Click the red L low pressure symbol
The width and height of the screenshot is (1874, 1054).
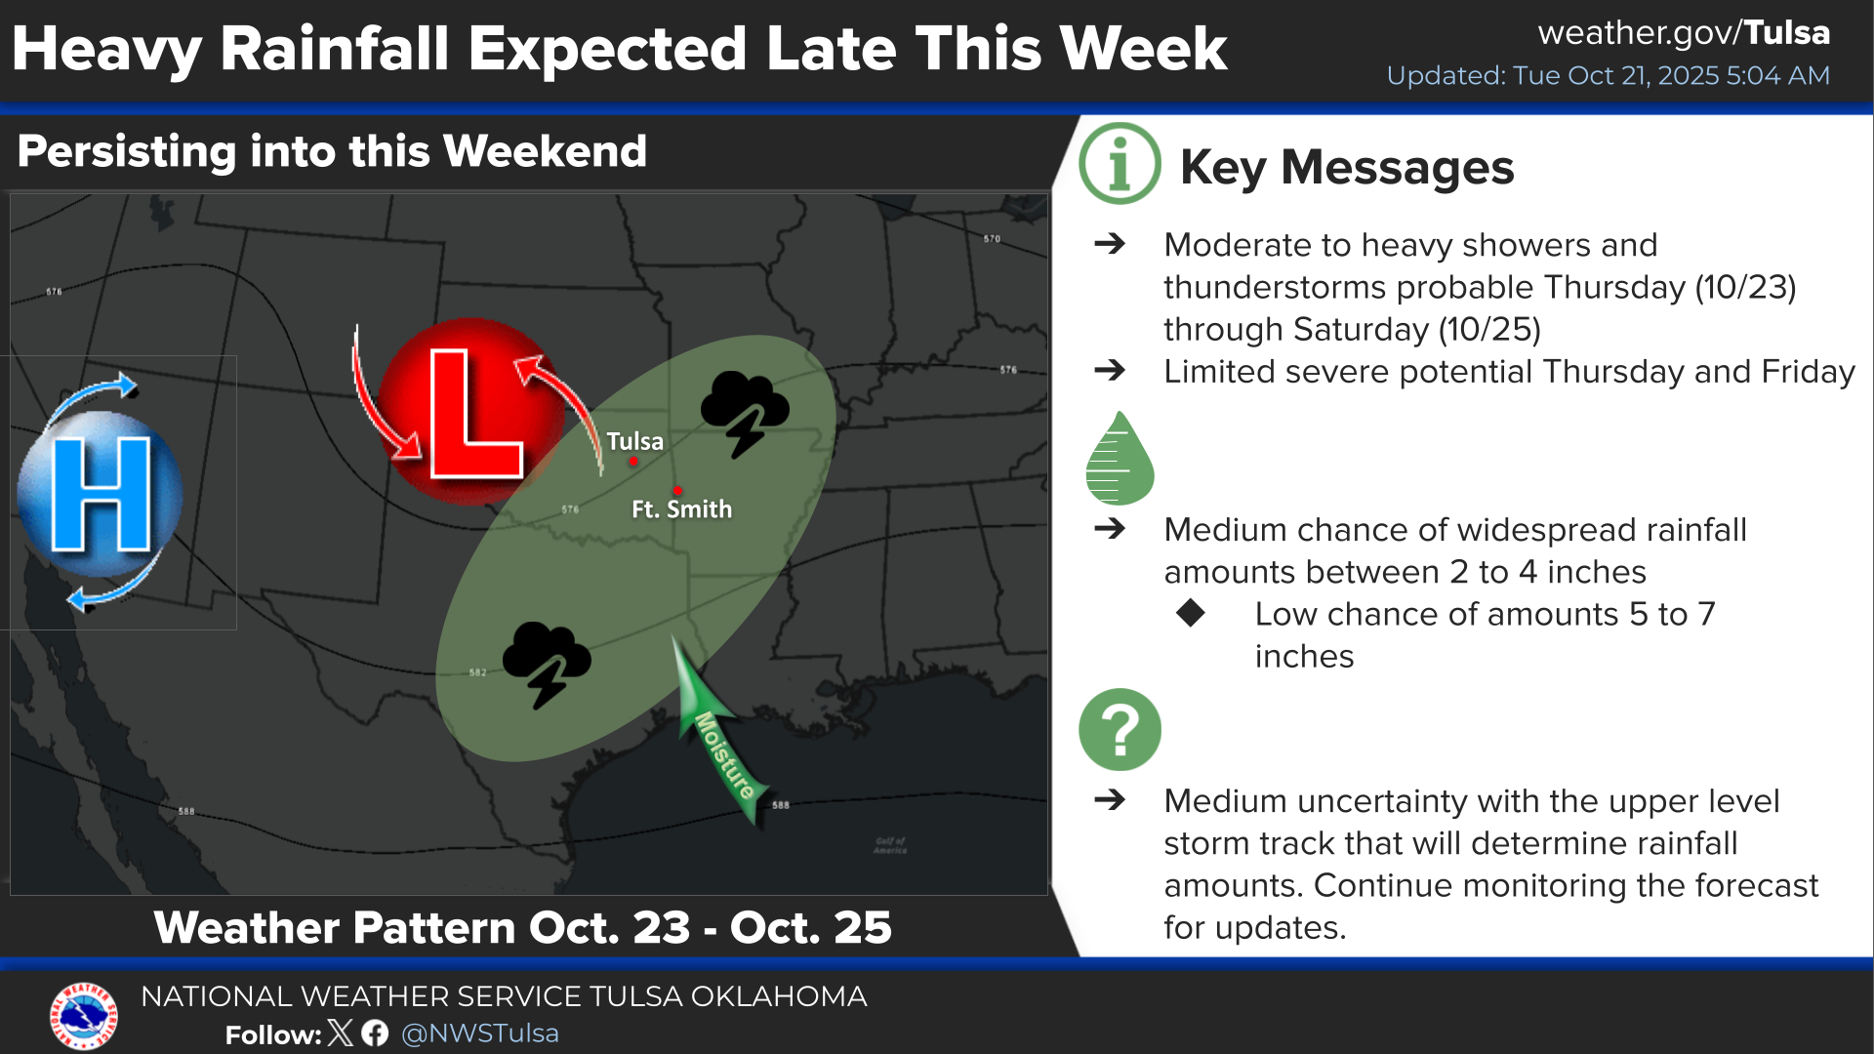point(471,412)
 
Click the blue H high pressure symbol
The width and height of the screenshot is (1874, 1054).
point(101,494)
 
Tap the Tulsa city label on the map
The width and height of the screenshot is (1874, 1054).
point(634,441)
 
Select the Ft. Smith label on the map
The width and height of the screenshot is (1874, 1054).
point(681,509)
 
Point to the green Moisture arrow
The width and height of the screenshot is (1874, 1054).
point(718,732)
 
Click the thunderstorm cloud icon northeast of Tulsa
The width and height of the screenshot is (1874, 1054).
point(745,413)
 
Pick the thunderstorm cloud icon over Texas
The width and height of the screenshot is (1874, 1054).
point(547,664)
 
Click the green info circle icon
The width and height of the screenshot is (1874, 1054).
point(1120,163)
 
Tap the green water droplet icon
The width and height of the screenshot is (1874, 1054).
point(1120,458)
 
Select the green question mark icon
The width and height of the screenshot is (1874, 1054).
point(1120,729)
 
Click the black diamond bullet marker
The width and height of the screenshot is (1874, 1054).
point(1191,613)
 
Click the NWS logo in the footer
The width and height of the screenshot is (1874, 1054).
point(84,1016)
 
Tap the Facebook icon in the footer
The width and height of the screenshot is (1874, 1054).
point(375,1033)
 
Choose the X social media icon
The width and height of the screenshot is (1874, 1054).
point(341,1033)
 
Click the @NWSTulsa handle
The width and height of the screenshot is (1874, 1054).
point(480,1034)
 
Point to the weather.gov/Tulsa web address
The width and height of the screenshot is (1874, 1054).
point(1684,33)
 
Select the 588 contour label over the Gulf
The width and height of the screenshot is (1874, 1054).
point(781,805)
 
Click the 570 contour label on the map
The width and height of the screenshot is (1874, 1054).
point(992,238)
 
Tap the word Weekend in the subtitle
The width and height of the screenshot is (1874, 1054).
point(545,151)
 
